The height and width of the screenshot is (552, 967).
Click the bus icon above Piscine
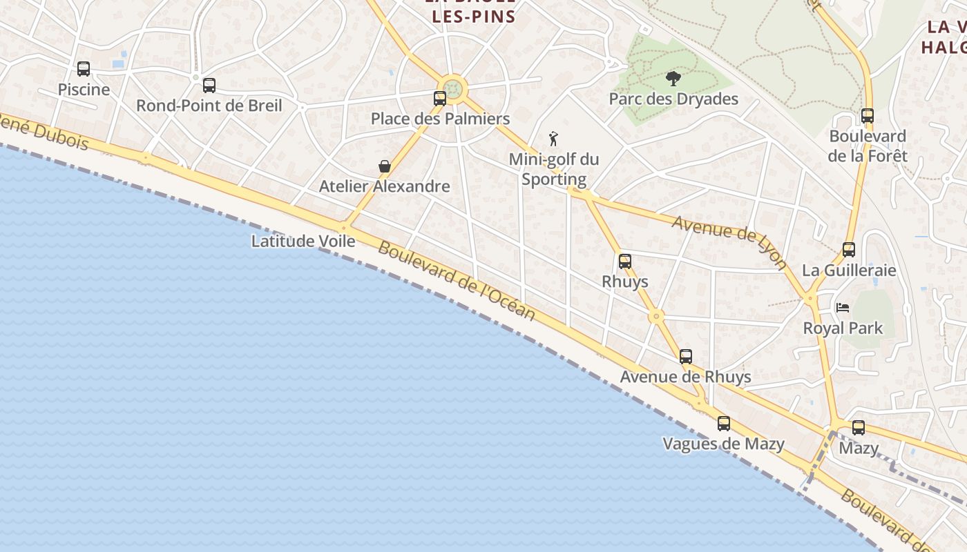84,69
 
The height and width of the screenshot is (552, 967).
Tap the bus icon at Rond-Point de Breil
209,86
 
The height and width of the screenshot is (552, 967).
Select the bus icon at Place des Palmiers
440,99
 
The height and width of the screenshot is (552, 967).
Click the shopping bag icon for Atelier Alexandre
385,166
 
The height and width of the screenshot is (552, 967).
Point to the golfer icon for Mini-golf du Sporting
553,139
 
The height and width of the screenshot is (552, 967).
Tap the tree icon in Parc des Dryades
673,79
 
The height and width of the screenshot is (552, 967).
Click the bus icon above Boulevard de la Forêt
868,116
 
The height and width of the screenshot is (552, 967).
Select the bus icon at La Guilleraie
849,250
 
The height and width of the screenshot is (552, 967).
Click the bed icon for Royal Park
842,308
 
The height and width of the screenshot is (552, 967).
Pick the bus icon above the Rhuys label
625,262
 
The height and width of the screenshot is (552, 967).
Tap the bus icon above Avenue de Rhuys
686,357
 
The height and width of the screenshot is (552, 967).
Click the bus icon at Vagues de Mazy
723,424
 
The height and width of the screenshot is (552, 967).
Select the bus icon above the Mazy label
859,428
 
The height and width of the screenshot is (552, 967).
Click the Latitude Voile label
303,241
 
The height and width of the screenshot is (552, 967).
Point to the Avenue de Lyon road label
729,242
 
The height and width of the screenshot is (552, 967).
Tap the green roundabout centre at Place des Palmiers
452,88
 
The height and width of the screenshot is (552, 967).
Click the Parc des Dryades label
673,99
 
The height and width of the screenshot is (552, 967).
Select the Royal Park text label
843,328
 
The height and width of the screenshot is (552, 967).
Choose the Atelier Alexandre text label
384,186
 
